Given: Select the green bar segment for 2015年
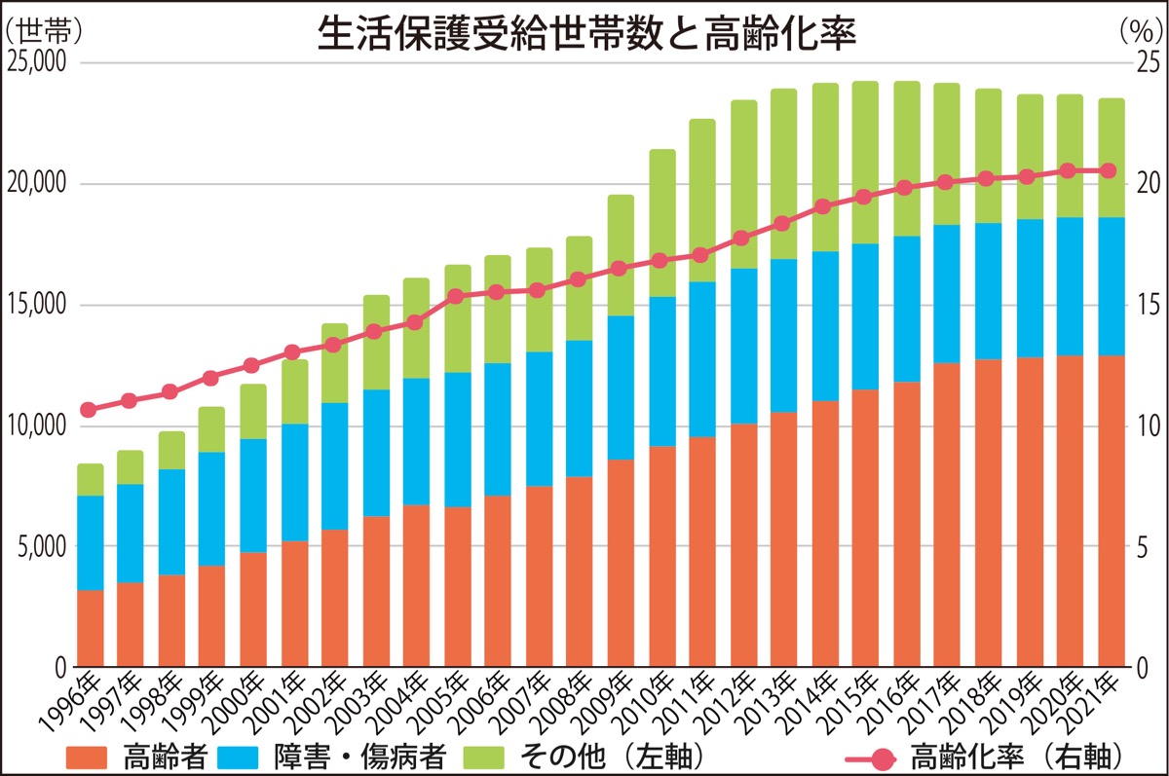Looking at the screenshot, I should tap(865, 163).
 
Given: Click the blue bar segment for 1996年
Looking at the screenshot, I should tap(90, 542).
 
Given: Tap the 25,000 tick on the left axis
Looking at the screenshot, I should tap(36, 63).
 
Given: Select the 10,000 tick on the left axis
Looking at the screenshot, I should tap(36, 425).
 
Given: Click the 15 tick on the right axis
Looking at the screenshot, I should tap(1148, 305).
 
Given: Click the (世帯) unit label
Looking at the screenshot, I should tap(44, 29).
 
